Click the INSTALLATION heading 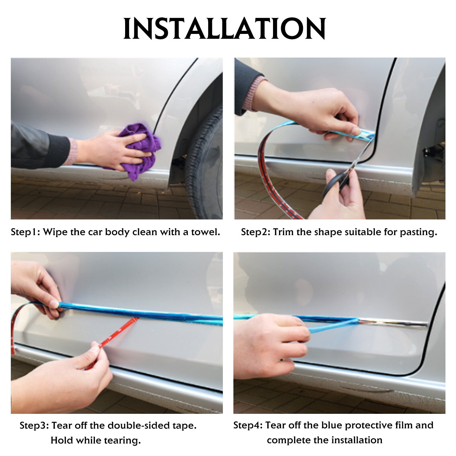click(225, 28)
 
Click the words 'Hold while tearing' click(95, 440)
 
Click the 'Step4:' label click(248, 425)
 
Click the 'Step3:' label click(34, 426)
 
